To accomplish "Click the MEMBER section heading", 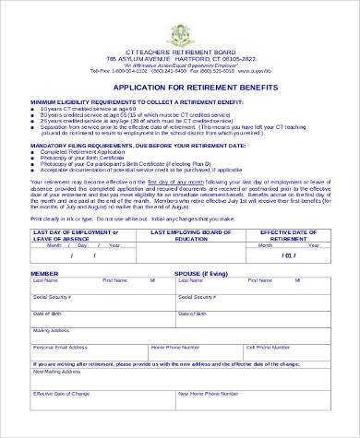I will click(x=44, y=275).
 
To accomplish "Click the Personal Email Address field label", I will click(x=60, y=347).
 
